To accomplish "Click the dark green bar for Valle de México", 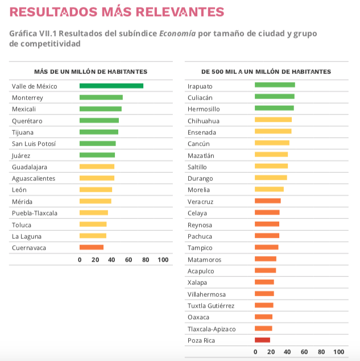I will [x=111, y=86].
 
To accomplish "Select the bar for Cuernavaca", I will [x=92, y=247].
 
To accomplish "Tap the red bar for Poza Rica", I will [x=262, y=340].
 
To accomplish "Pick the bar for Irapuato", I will [x=275, y=85].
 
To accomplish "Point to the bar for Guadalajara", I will [x=97, y=167].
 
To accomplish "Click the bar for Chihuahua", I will [x=273, y=120].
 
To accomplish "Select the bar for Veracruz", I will [x=267, y=201].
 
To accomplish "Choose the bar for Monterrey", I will [x=101, y=97].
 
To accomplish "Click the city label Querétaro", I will [x=27, y=121].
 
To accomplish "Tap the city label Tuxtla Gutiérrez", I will [x=210, y=305].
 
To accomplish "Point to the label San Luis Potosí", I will [x=34, y=143].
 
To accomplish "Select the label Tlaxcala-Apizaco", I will [x=211, y=329].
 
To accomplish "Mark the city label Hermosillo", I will [x=204, y=109].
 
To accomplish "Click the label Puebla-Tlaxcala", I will [x=34, y=213].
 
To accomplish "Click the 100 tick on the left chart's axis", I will [x=163, y=260].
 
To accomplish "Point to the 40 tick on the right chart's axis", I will [x=288, y=352].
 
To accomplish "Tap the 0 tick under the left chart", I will [x=80, y=260].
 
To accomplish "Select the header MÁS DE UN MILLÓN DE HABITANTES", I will [x=90, y=72].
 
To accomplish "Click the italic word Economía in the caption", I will [x=177, y=34].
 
